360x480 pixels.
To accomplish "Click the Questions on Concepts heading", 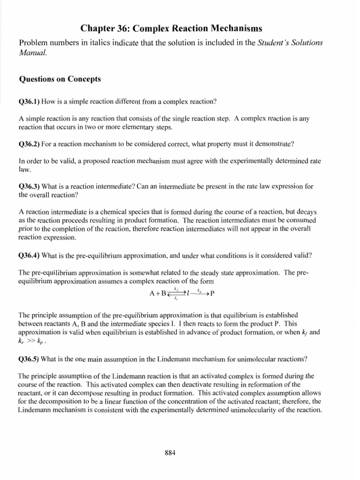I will click(60, 79).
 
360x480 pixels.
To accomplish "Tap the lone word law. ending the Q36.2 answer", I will click(23, 169).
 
